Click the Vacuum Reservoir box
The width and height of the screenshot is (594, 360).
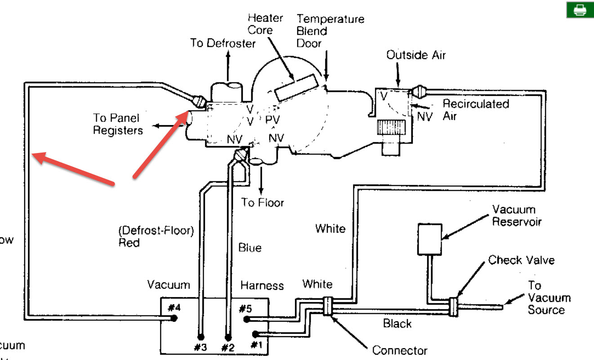[x=430, y=238]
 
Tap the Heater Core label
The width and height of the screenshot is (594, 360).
[x=265, y=24]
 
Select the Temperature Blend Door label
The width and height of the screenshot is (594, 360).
[x=330, y=31]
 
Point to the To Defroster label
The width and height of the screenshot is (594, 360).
[x=223, y=43]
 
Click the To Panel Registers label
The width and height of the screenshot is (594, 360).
[x=118, y=124]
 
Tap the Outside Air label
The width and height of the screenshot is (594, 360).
[x=416, y=55]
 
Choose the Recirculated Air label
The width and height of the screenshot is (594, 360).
[x=475, y=109]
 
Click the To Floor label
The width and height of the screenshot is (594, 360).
[x=263, y=202]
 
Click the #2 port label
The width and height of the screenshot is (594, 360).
[x=228, y=347]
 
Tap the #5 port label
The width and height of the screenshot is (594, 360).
[x=245, y=308]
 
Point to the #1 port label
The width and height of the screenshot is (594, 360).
[x=256, y=345]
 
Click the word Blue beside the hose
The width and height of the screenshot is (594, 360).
[x=250, y=247]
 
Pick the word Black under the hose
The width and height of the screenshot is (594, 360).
[x=397, y=323]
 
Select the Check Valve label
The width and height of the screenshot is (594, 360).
[x=521, y=260]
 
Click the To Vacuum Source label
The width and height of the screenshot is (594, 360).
[x=543, y=297]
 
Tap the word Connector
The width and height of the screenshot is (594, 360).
[x=399, y=350]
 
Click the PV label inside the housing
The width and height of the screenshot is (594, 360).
[x=272, y=120]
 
